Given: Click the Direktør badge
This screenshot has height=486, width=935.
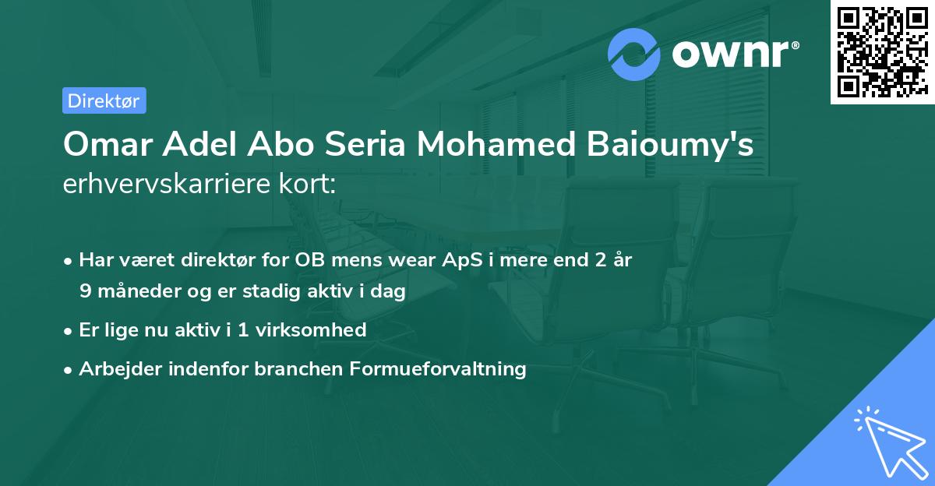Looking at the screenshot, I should [104, 100].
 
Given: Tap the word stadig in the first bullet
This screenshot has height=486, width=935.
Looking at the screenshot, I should [280, 291].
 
